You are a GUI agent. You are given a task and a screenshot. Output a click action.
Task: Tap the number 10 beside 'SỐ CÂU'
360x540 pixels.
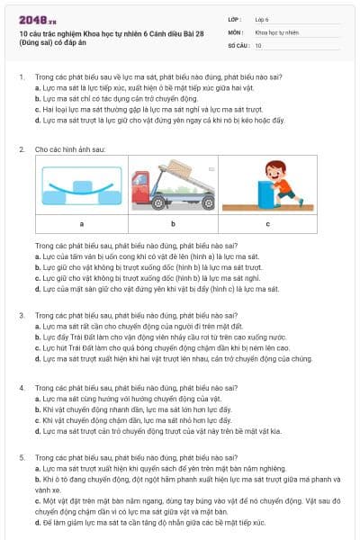259,43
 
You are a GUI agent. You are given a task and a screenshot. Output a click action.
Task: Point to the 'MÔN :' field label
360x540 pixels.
236,31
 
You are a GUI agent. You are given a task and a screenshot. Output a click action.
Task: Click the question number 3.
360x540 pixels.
21,316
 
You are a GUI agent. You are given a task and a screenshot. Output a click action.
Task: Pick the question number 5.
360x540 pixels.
21,458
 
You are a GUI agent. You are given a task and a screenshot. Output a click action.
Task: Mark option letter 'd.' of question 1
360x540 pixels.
37,120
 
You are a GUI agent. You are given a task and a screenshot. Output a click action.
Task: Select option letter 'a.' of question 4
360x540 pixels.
37,398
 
